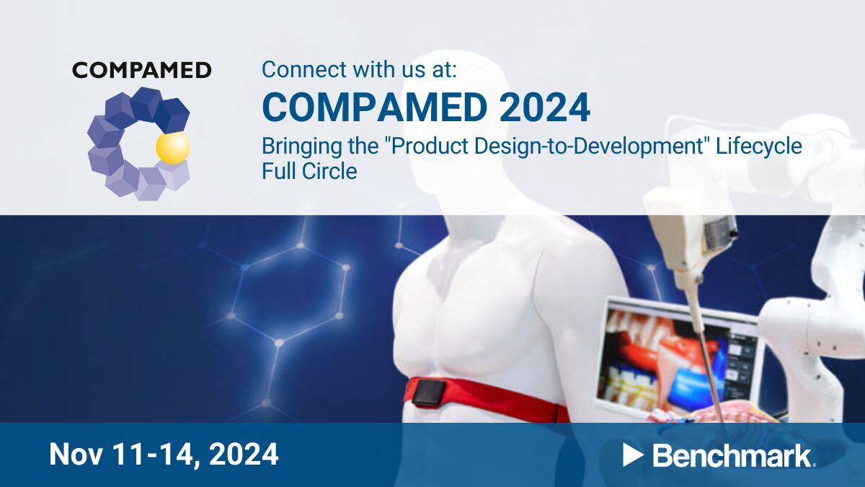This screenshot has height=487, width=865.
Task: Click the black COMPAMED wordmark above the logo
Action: [141, 70]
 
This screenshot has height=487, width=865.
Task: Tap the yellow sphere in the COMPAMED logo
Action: [173, 147]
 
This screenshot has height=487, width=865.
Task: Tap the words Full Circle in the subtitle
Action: [309, 172]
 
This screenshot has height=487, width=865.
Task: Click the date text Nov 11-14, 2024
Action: [164, 455]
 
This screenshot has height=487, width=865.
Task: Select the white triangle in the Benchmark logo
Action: [632, 455]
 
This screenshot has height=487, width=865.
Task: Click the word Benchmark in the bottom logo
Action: [732, 455]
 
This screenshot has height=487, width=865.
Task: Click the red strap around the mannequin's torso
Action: [505, 404]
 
